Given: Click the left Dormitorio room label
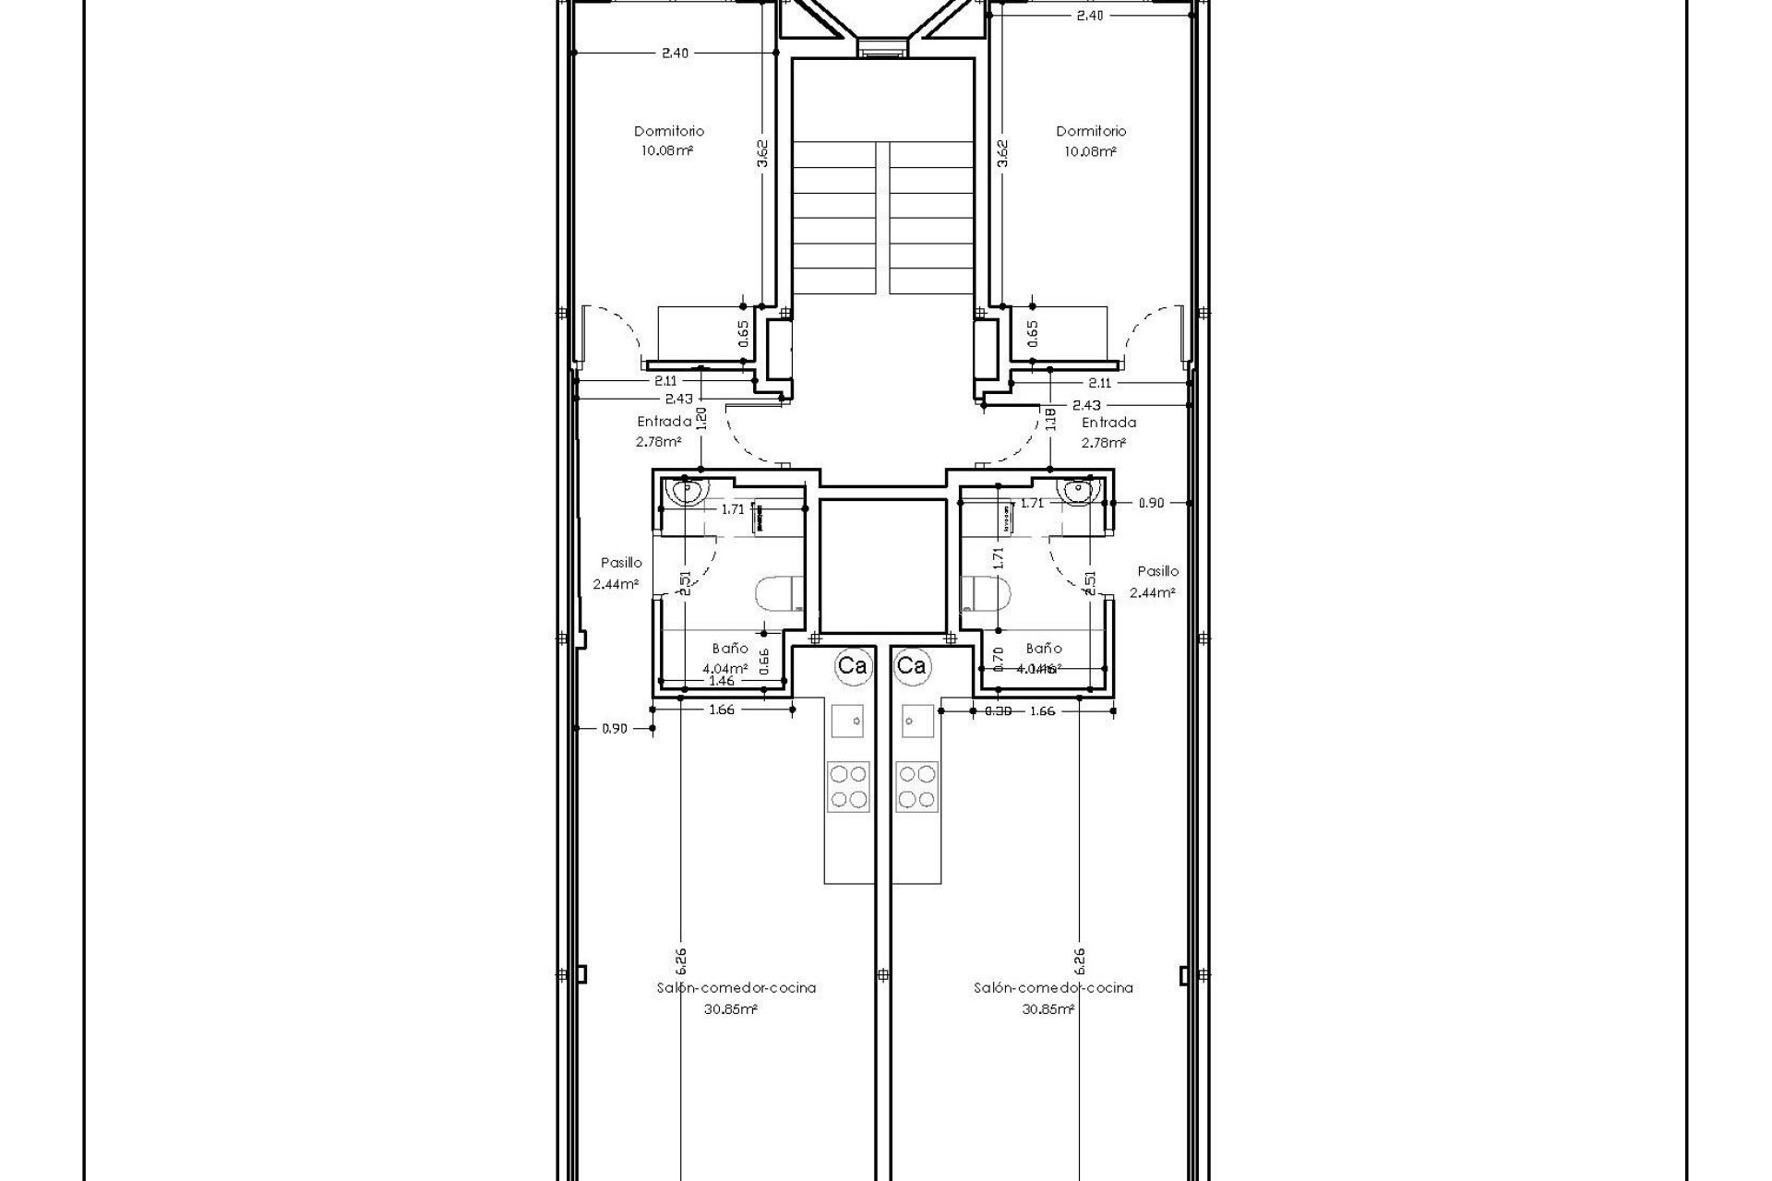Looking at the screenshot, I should coord(668,131).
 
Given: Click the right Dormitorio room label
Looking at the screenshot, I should coord(1091,131).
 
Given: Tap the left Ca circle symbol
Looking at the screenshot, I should coord(852,665).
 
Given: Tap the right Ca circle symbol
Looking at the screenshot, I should coord(912,665).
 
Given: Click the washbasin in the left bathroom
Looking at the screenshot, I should coord(687,491).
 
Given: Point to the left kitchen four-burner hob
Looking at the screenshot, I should coord(847,786).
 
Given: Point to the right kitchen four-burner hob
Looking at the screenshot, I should coord(916,786).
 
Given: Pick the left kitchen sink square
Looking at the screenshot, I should coord(847,720).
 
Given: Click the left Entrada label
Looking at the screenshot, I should coord(664,422).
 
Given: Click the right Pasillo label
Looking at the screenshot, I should coord(1157,571).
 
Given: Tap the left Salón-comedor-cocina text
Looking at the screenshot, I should coord(736,987).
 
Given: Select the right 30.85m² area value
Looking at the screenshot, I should coord(1048,1009).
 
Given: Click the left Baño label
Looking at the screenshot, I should coord(729,649).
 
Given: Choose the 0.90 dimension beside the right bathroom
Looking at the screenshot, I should coord(1151,504).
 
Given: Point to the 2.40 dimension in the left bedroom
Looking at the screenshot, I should coord(675,54).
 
